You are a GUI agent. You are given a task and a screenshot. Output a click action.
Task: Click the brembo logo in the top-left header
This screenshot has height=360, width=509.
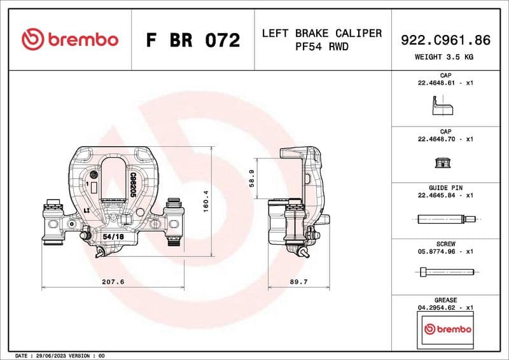pos(69,39)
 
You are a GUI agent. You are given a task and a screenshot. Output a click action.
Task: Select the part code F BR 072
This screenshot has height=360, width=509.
pos(193,40)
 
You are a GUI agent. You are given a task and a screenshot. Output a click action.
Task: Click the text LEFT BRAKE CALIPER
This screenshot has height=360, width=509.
pos(321,33)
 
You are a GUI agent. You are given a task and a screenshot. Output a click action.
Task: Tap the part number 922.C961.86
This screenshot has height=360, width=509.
pos(445,39)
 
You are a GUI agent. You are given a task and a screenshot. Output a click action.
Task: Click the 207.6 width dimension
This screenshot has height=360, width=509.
pos(112,281)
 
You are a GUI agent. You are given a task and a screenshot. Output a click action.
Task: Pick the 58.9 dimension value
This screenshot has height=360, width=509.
pos(253,179)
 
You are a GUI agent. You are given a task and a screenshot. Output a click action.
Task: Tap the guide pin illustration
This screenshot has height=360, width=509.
pos(445,219)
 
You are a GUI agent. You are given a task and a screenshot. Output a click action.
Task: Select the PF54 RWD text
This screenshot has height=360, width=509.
pos(321,46)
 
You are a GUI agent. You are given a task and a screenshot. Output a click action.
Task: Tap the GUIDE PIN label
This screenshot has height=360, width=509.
pos(445,188)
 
